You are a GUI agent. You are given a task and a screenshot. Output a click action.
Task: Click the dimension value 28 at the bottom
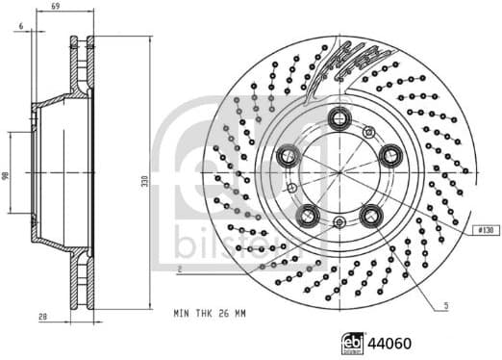pyautogui.click(x=44, y=316)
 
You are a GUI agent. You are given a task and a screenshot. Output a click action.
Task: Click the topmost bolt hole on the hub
pyautogui.click(x=339, y=118)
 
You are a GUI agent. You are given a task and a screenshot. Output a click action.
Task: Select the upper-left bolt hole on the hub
pyautogui.click(x=288, y=155)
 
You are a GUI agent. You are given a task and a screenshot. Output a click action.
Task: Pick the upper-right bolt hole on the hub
pyautogui.click(x=390, y=155)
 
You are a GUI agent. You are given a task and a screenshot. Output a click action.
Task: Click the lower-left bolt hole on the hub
pyautogui.click(x=308, y=214)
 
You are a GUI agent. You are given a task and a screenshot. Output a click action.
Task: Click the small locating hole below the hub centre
pyautogui.click(x=339, y=223)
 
